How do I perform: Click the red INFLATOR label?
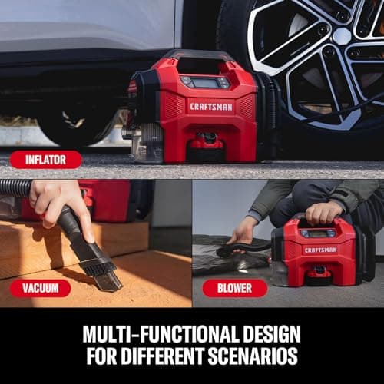46,160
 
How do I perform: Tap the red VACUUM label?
40,288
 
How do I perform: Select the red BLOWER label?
234,288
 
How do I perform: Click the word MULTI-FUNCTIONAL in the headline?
161,334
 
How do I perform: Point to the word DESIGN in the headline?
272,334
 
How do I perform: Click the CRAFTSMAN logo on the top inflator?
211,107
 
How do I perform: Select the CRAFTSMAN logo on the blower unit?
320,250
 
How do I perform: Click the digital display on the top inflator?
205,83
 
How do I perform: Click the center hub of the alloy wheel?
342,36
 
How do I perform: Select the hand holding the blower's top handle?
323,213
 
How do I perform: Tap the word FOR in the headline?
101,356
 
